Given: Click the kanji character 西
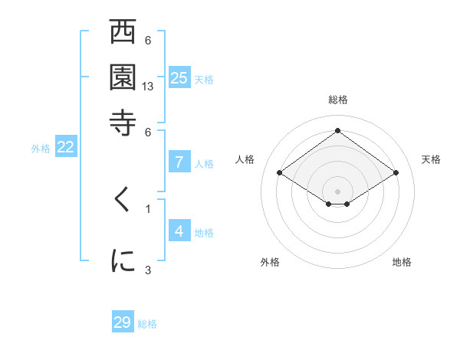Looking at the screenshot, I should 123,34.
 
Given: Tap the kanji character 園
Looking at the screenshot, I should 123,77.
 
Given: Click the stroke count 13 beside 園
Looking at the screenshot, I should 149,87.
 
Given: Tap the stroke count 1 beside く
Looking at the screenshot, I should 148,208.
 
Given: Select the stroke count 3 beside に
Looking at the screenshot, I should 148,269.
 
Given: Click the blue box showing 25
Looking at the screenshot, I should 179,77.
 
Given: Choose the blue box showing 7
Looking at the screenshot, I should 179,162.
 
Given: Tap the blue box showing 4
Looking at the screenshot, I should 179,231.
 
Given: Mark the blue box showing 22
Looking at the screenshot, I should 65,148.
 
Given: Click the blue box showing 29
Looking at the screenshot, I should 123,322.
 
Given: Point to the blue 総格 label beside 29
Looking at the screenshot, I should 147,324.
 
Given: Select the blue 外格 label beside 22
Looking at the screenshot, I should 41,149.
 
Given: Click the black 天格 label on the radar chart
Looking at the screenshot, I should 431,159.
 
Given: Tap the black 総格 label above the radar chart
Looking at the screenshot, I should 337,100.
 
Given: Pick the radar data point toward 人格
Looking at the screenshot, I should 280,173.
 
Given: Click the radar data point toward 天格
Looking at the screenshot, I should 396,173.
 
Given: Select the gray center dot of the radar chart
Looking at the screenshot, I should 337,191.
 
